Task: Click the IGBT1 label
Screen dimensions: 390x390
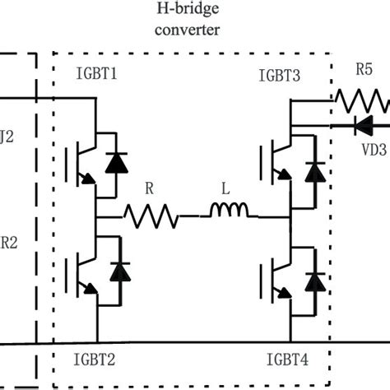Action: pos(95,73)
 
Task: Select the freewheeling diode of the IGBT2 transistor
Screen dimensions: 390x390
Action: pos(120,271)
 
